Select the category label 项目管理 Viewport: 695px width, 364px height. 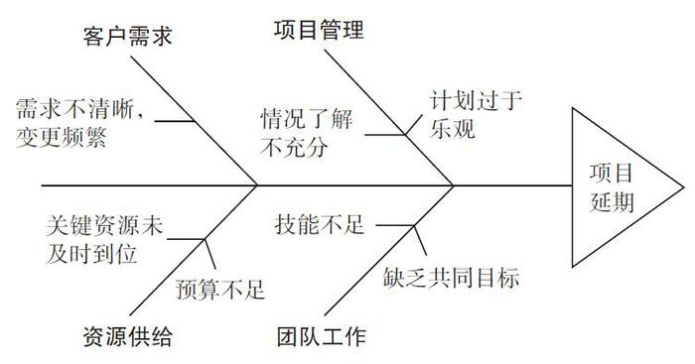pyautogui.click(x=319, y=30)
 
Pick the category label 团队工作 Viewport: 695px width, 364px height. pyautogui.click(x=319, y=336)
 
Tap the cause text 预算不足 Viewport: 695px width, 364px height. pyautogui.click(x=219, y=290)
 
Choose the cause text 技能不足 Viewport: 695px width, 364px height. pyautogui.click(x=319, y=225)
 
